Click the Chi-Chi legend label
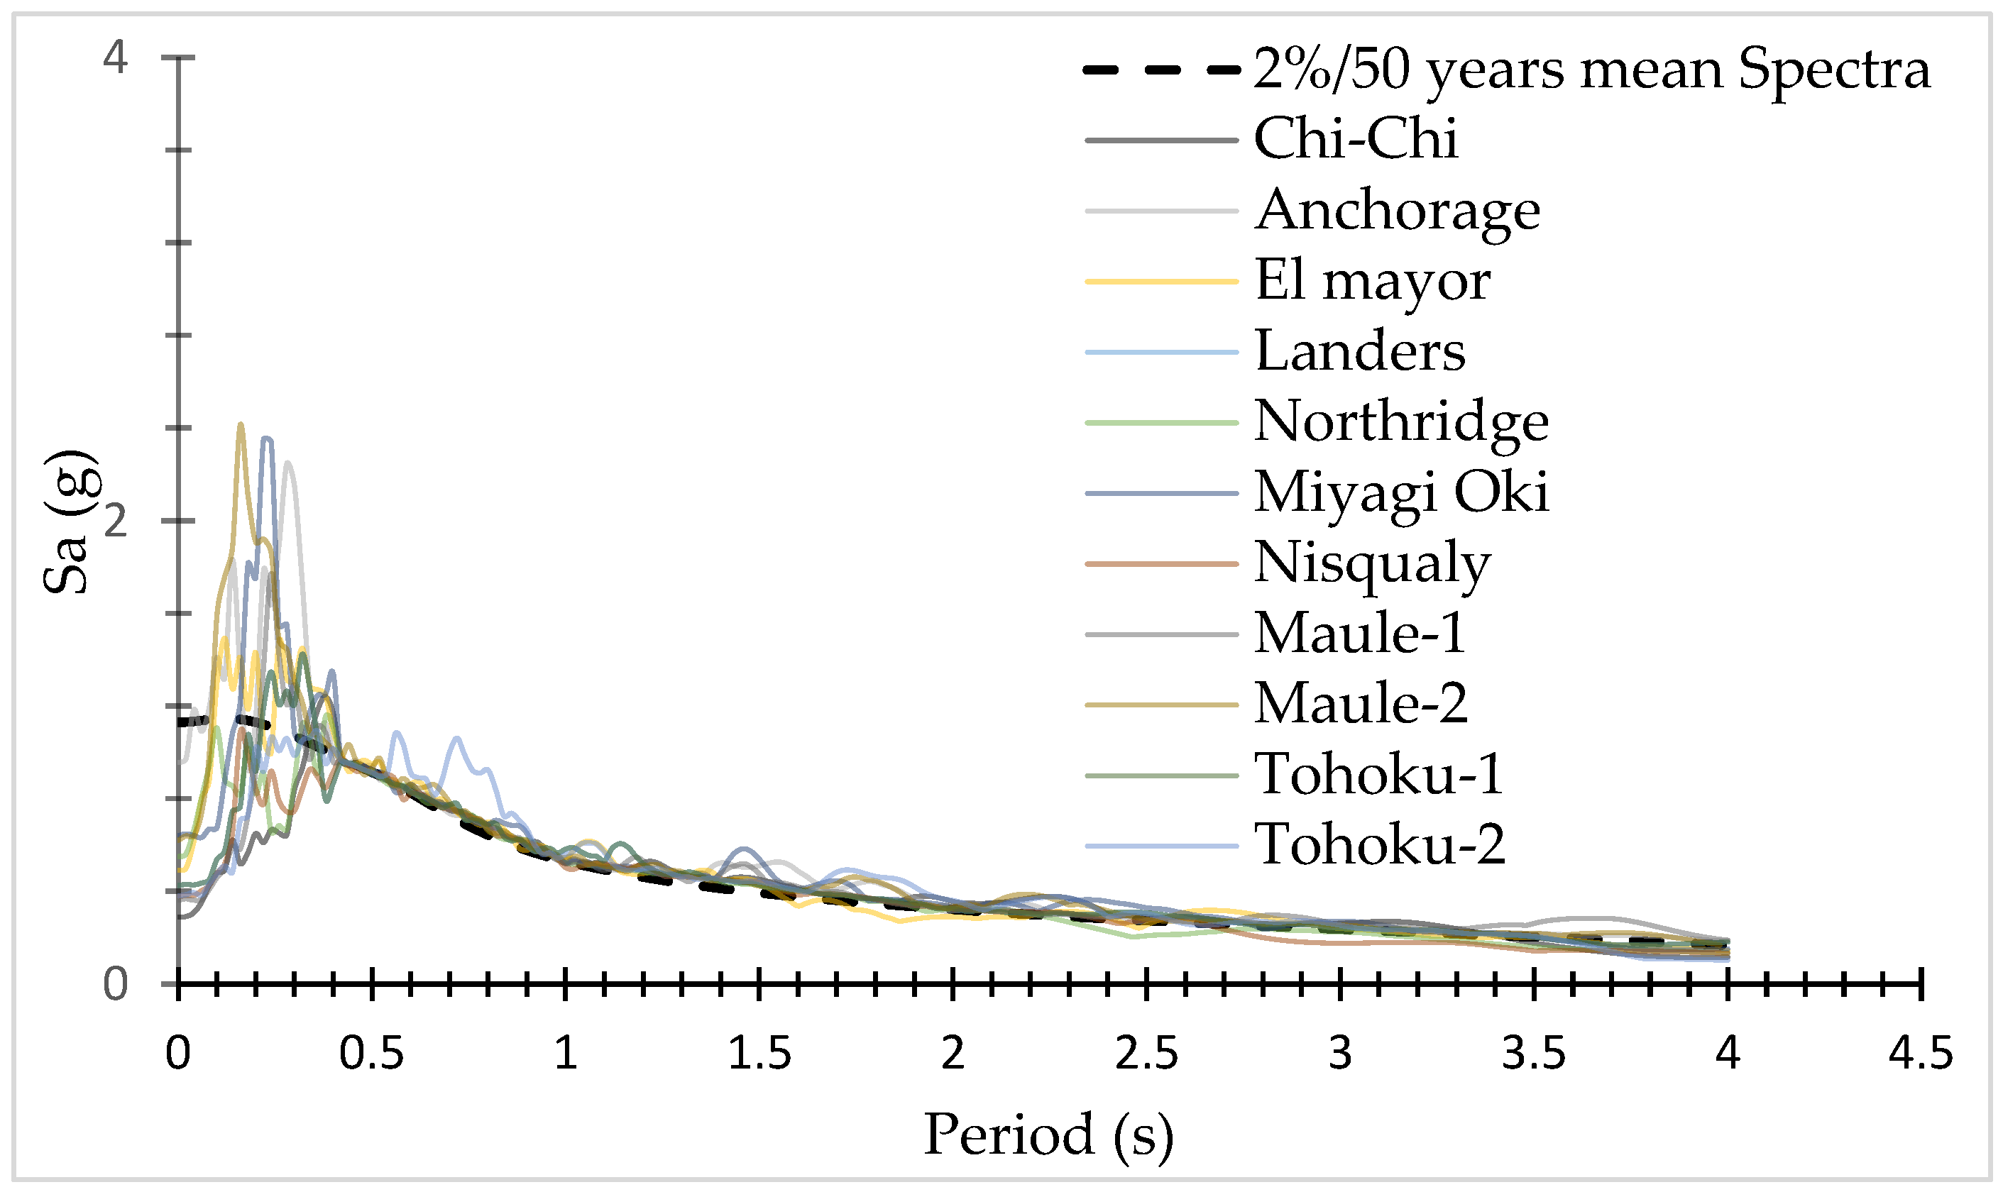[x=1356, y=139]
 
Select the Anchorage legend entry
[x=1397, y=211]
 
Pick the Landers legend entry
[x=1359, y=351]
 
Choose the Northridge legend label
[x=1401, y=421]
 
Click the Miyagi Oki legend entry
[x=1401, y=492]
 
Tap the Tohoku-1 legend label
[x=1378, y=774]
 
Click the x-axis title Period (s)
[x=1048, y=1135]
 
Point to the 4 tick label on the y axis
[x=116, y=58]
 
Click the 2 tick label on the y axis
[x=116, y=521]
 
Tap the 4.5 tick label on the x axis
[x=1920, y=1053]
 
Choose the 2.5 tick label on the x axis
[x=1146, y=1053]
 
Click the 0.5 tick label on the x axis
[x=371, y=1053]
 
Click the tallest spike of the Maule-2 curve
[x=240, y=425]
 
